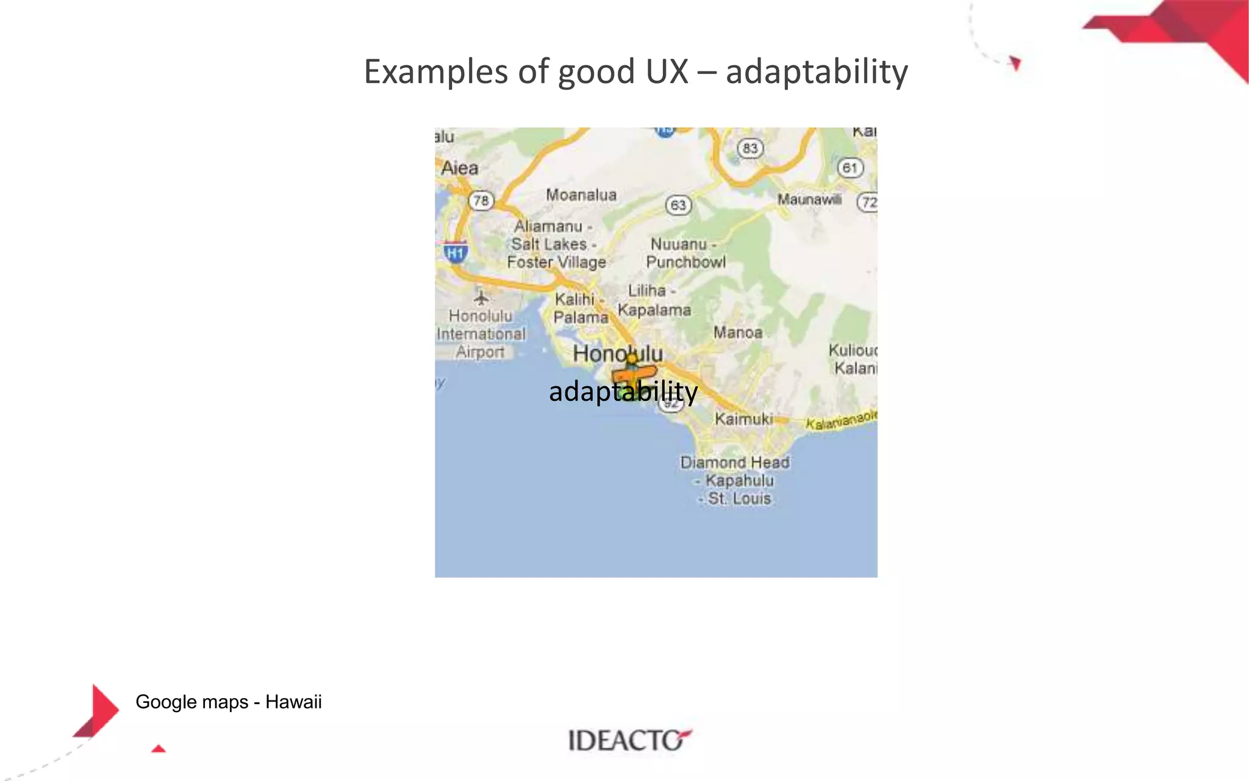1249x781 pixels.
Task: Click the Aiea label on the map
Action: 459,168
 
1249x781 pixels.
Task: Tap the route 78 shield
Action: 481,201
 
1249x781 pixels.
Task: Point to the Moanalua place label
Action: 581,195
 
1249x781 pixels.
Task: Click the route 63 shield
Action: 678,205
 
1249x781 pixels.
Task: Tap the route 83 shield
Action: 750,148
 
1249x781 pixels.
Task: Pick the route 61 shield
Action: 850,168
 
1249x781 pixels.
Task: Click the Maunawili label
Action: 809,200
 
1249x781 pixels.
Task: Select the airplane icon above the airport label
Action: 481,298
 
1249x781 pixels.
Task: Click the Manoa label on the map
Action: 738,333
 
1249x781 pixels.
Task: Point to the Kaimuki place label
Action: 743,419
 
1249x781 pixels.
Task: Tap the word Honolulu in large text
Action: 617,353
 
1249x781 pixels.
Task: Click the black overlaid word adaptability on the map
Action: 623,392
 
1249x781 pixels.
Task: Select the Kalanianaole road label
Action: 841,420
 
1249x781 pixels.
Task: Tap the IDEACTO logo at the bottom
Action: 629,740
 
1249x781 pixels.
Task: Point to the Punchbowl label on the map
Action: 686,262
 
